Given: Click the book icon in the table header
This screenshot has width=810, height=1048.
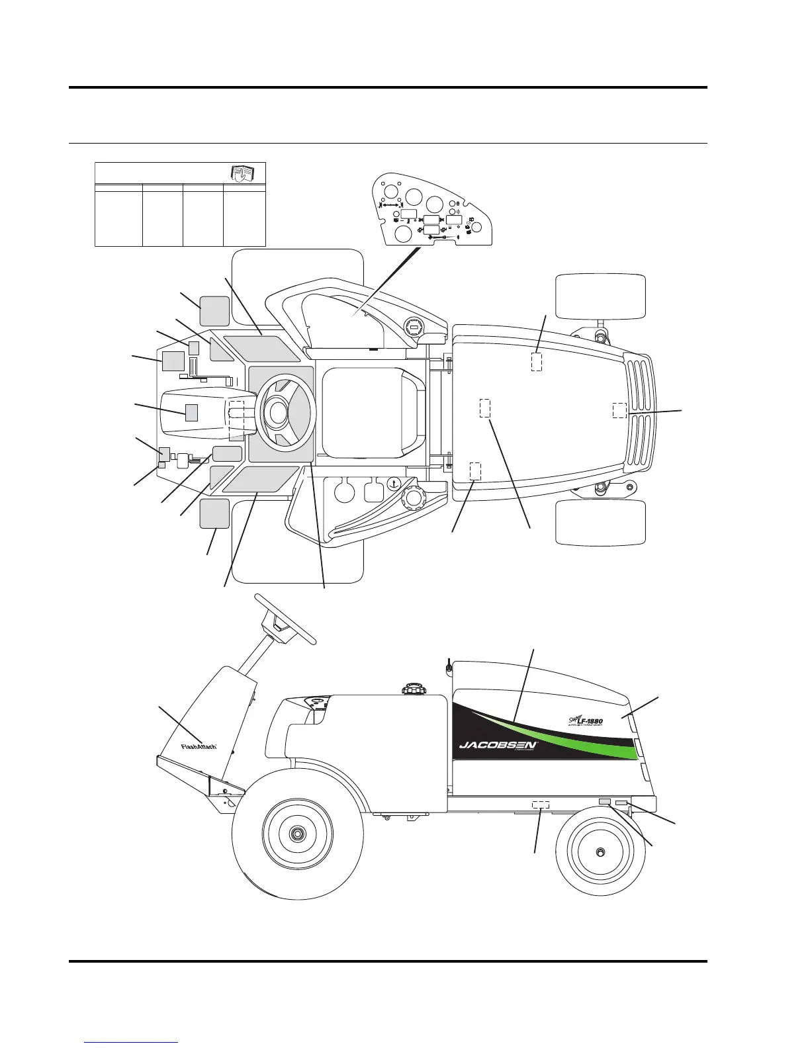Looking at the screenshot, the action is tap(241, 173).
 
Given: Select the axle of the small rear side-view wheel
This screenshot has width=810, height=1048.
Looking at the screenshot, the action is tap(600, 852).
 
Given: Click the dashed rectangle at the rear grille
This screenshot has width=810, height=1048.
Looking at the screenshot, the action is tap(619, 410).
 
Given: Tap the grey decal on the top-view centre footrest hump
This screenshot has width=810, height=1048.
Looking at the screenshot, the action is tap(192, 412).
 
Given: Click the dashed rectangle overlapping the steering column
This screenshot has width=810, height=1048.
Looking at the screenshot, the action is tap(236, 419).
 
